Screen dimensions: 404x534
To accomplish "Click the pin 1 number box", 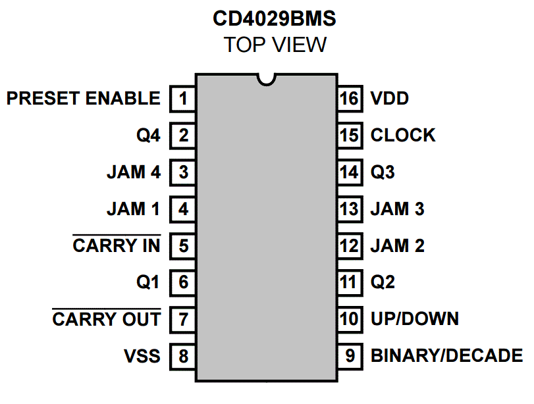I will tap(183, 99).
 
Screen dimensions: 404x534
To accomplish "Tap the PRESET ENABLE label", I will tap(83, 99).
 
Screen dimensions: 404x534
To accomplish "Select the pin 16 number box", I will tap(349, 99).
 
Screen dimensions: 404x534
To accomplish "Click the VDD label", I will tap(389, 99).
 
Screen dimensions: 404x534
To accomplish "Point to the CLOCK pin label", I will tap(402, 136).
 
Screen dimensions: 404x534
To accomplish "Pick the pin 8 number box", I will tap(183, 357).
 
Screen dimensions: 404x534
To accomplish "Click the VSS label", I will tap(142, 357).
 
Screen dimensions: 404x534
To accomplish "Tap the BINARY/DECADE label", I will tap(446, 357).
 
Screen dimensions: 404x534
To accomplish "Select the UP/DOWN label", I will tap(414, 320).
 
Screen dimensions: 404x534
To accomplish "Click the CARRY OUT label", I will tap(106, 320).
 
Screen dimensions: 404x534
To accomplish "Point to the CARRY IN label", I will tap(116, 246).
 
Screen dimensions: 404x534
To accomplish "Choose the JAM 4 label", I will tap(133, 172).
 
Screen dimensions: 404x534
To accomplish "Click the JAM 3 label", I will tap(397, 209).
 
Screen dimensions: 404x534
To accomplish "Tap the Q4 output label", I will tap(148, 136).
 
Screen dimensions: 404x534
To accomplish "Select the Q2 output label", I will tap(383, 283).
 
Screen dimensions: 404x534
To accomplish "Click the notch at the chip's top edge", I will tap(267, 79).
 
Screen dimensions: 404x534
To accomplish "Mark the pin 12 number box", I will tap(349, 246).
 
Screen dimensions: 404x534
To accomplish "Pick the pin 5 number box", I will tap(183, 246).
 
